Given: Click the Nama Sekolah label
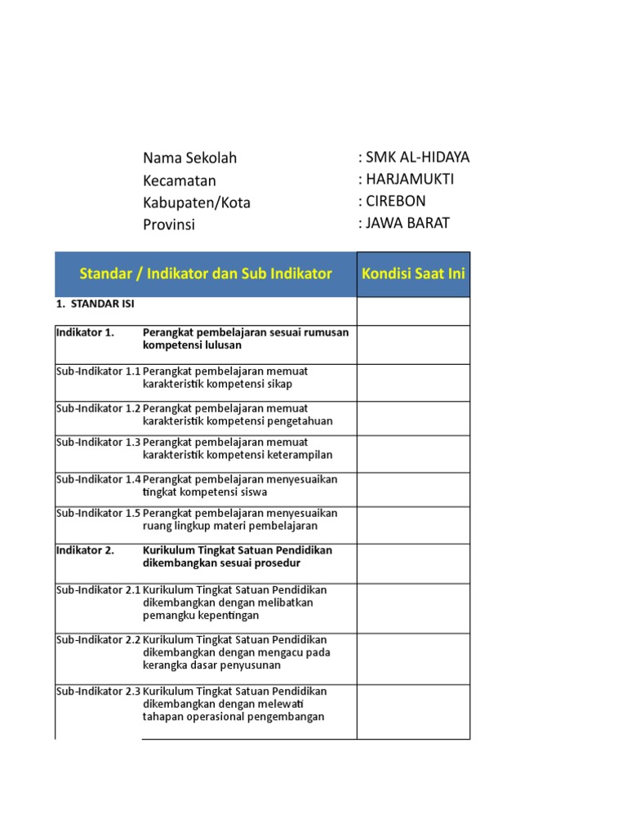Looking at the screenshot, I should click(189, 158).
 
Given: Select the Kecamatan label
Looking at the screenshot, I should click(180, 180).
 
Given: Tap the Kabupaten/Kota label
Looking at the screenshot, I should click(197, 202).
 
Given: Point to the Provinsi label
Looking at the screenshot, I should click(169, 225).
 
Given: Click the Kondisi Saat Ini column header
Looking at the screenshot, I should click(413, 273).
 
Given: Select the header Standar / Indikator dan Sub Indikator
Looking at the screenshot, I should click(206, 273).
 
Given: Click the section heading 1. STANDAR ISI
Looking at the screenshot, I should click(96, 304).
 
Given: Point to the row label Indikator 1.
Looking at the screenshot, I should click(85, 332).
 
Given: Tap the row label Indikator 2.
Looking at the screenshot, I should click(85, 550).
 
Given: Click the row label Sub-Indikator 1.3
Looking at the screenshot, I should click(98, 442).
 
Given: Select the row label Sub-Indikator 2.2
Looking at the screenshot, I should click(98, 639).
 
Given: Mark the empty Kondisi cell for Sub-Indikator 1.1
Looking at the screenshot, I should click(413, 382).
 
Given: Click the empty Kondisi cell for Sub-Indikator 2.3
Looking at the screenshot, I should click(413, 711).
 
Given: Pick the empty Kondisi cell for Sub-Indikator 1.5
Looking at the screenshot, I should click(413, 525).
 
